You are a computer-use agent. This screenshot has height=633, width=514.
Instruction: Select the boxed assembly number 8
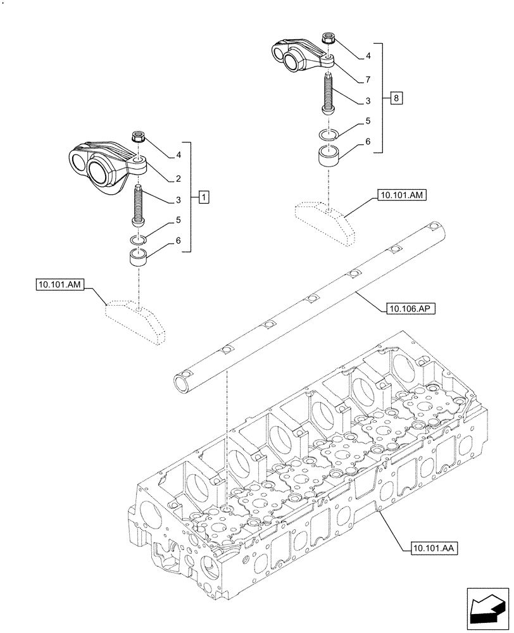[396, 98]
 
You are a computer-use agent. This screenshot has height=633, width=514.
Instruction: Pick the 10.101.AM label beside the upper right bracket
[402, 196]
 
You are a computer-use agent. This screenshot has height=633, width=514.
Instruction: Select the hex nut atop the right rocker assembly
[327, 39]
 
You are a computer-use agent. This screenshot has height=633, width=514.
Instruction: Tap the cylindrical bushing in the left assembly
[138, 259]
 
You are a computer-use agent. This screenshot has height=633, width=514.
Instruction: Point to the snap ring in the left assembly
[138, 239]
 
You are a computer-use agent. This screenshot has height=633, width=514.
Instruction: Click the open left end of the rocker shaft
[182, 382]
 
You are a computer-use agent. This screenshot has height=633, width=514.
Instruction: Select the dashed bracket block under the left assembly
[135, 319]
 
